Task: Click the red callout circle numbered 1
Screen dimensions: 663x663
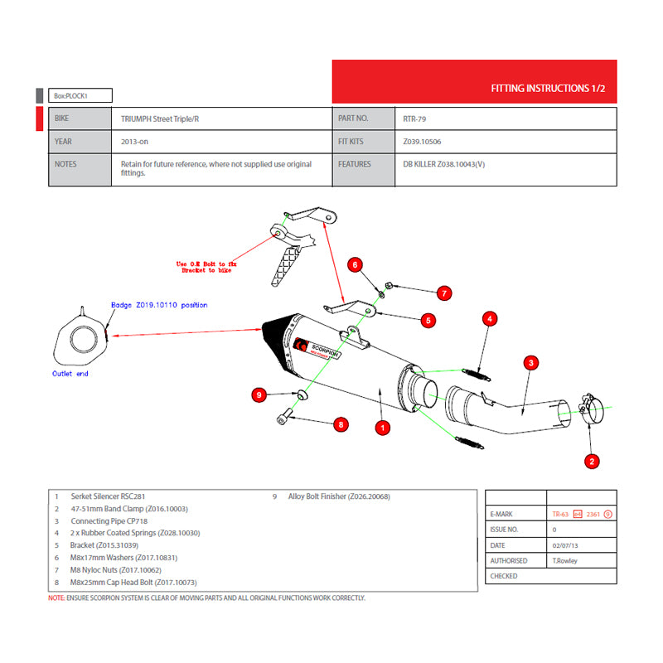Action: [383, 428]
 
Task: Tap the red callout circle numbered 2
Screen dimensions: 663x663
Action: [592, 461]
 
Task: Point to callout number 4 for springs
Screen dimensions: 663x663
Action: [491, 318]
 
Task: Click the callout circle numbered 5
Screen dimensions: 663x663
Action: [428, 319]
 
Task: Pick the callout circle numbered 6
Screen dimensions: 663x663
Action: [355, 265]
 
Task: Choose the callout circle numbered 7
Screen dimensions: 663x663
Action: [444, 293]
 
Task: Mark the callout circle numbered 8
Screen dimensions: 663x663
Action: [341, 424]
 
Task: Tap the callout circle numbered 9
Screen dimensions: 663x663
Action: [259, 395]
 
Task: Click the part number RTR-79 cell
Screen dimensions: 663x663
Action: [415, 119]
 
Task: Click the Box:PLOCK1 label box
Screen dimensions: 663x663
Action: [80, 95]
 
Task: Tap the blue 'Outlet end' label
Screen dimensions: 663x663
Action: [70, 374]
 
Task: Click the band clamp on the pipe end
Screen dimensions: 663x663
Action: [591, 409]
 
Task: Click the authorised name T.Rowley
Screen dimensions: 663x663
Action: [566, 560]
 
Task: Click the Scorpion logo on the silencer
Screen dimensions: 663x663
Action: [320, 349]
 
